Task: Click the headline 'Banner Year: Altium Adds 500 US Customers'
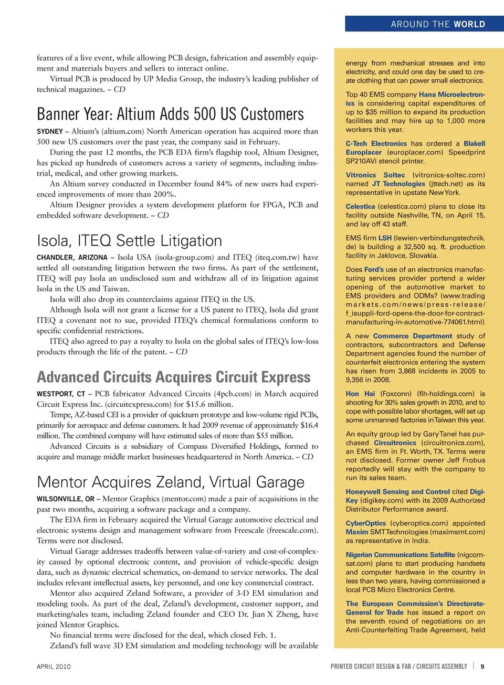click(x=170, y=114)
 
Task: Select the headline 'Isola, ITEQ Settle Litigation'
click(x=129, y=240)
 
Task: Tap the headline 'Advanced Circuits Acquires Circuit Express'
click(x=173, y=377)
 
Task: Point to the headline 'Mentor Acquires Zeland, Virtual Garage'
click(x=171, y=482)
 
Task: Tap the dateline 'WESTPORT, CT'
click(x=60, y=394)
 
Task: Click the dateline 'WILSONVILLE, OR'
click(x=66, y=499)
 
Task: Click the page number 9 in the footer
click(x=482, y=667)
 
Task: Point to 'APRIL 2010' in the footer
click(x=54, y=667)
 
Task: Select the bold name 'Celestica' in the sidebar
click(x=360, y=207)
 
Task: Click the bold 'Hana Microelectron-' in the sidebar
click(x=451, y=94)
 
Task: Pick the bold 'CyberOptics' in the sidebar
click(x=365, y=523)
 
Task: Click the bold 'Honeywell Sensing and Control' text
click(x=397, y=492)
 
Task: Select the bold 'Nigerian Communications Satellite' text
click(x=400, y=555)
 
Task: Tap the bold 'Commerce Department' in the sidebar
click(x=412, y=336)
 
